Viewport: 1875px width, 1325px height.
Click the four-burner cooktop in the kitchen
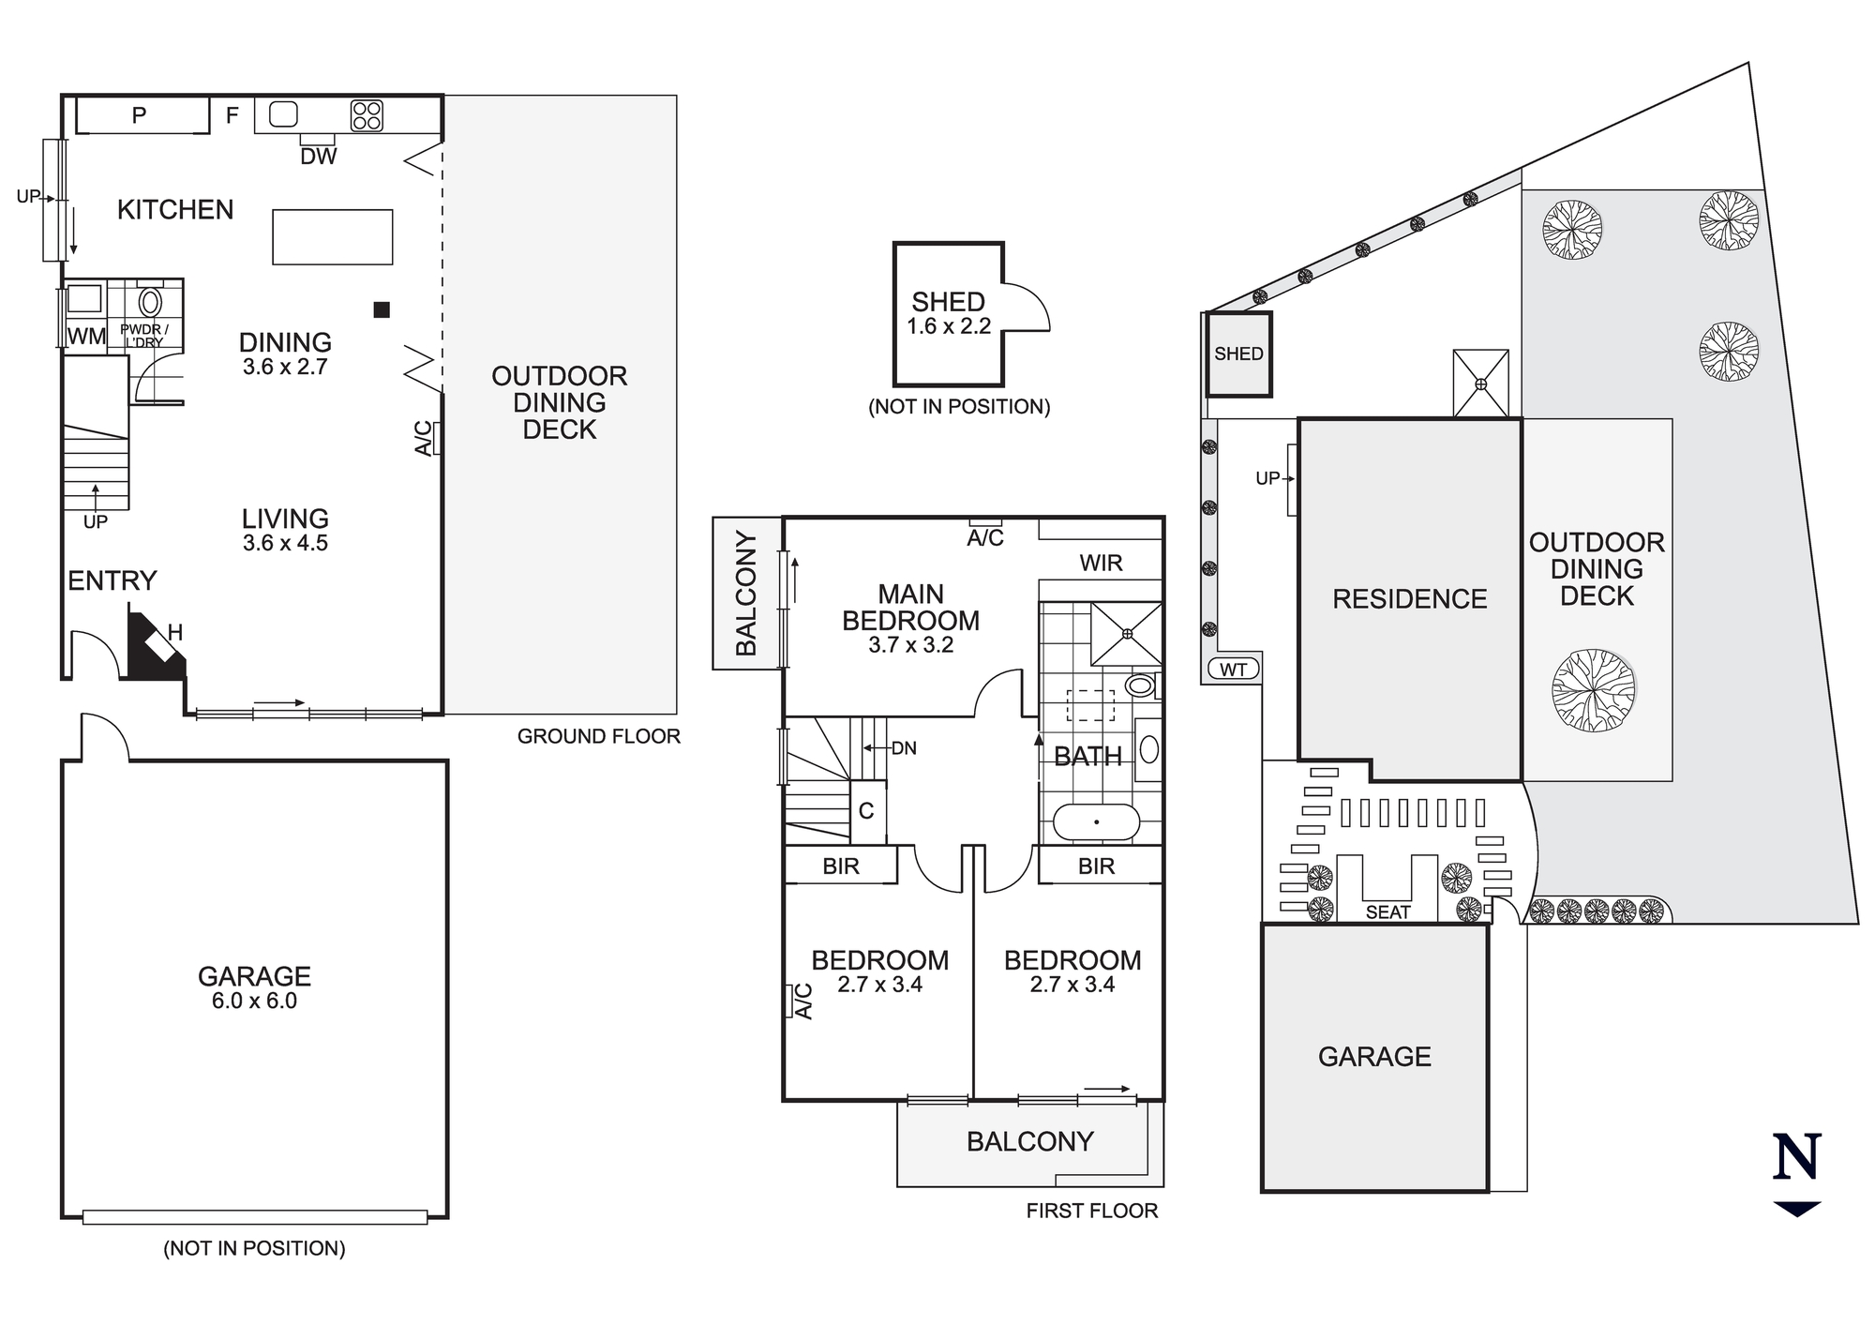367,115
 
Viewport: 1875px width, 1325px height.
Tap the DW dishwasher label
319,157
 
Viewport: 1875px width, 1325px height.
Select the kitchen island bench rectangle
332,237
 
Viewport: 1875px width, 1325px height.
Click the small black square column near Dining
382,309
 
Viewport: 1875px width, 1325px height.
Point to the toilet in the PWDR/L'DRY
150,301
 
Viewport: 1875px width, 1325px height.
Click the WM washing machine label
86,336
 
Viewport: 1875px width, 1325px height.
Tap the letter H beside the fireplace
175,633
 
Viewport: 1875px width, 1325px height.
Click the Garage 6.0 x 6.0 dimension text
254,1001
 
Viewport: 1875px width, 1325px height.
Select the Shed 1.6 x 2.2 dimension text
949,327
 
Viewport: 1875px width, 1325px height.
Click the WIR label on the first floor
1101,563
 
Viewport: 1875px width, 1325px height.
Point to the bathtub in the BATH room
1096,822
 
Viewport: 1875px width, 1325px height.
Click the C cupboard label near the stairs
866,811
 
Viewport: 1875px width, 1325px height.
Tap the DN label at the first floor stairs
904,748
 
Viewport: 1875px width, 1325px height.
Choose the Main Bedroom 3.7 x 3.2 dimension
910,645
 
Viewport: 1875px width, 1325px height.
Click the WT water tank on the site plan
1234,670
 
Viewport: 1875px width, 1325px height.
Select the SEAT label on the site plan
1387,912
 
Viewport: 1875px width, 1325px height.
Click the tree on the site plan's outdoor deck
1593,690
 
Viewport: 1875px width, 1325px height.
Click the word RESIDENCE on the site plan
1409,599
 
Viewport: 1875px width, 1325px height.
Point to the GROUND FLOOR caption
598,737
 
